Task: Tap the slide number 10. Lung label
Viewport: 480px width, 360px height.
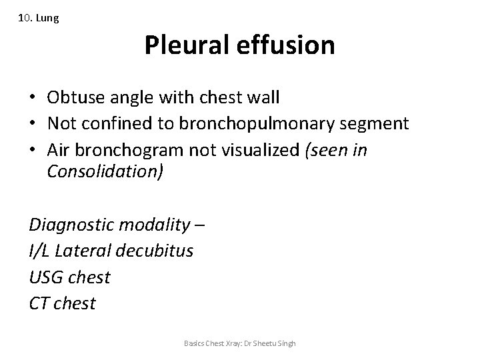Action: pos(39,19)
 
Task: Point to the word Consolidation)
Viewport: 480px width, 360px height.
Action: pos(105,172)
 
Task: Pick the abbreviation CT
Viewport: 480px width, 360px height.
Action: pos(39,304)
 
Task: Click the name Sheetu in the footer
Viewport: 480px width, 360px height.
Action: pos(266,343)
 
